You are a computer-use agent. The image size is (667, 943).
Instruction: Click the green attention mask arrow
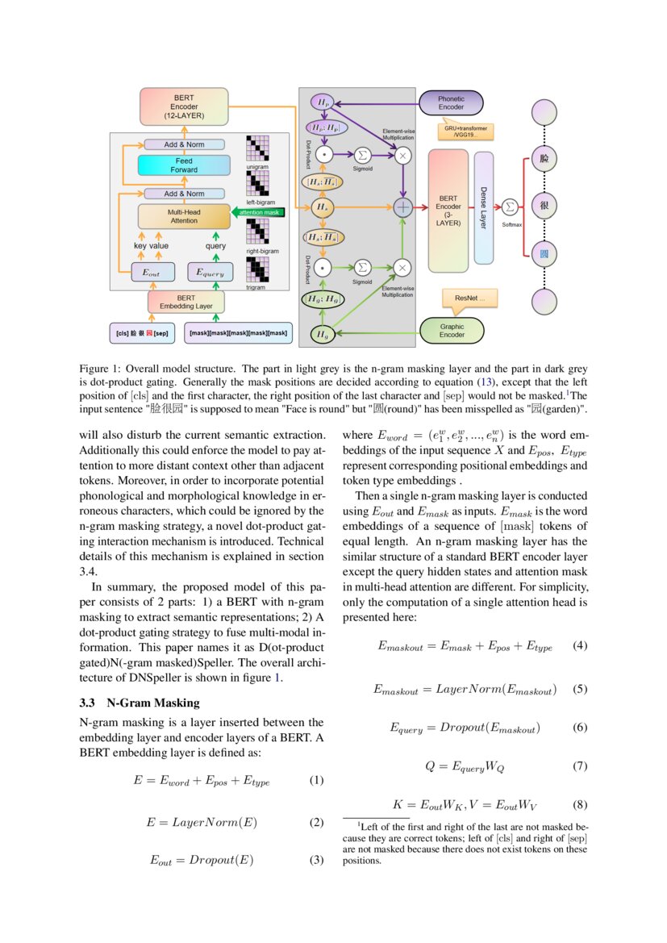coord(257,212)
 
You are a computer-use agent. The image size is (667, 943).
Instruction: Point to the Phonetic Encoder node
coord(451,103)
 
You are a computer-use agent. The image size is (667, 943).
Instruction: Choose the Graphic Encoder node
coord(451,330)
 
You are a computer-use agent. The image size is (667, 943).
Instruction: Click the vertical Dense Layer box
coord(483,208)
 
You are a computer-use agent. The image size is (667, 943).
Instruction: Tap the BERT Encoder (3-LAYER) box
coord(448,210)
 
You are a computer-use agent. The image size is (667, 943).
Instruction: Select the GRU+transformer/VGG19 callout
coord(465,131)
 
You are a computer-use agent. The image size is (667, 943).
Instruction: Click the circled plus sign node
coord(402,207)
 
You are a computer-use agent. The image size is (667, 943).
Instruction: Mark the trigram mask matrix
coord(257,270)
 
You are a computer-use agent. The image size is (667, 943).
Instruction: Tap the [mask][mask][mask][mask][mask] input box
coord(237,332)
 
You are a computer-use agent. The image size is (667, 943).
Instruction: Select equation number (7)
coord(579,766)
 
